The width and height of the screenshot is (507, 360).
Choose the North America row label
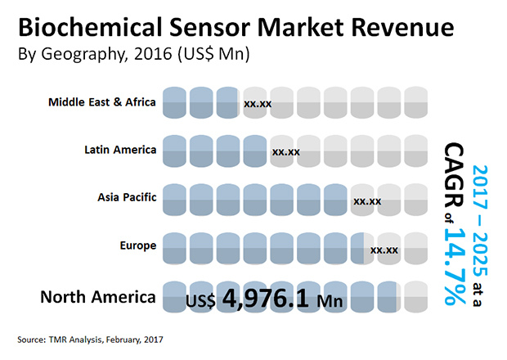point(97,296)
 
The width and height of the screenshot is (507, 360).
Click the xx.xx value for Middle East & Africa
point(258,105)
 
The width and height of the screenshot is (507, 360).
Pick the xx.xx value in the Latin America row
point(285,152)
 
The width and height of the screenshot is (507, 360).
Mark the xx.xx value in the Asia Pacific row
point(366,200)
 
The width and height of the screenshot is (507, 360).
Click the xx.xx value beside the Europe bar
point(384,250)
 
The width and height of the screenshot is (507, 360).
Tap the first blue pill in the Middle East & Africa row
point(174,102)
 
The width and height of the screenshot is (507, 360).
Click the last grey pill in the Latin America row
point(415,150)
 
